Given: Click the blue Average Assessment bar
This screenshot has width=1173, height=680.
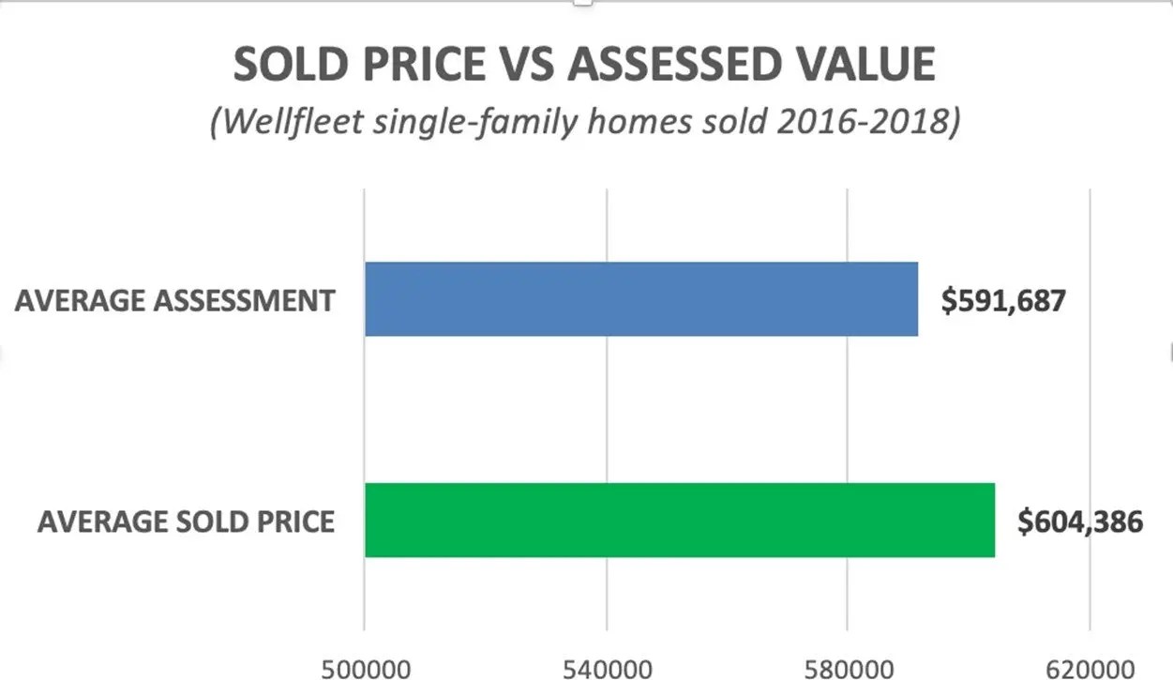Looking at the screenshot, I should [641, 299].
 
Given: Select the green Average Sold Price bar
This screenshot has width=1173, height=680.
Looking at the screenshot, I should [680, 520].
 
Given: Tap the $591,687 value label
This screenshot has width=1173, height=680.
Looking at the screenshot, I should [1003, 301].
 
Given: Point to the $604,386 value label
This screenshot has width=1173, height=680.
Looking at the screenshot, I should [1080, 521].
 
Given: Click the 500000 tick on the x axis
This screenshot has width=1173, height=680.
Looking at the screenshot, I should [365, 669].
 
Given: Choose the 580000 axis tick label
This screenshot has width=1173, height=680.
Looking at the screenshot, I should [848, 669].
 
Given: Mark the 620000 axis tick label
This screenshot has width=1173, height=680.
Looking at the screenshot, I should [1090, 669].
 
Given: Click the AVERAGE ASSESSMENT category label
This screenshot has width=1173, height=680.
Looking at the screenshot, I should [174, 301].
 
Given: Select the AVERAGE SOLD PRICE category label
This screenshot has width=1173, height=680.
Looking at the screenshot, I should [186, 521].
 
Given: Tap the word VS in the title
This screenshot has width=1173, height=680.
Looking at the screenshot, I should [523, 65].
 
